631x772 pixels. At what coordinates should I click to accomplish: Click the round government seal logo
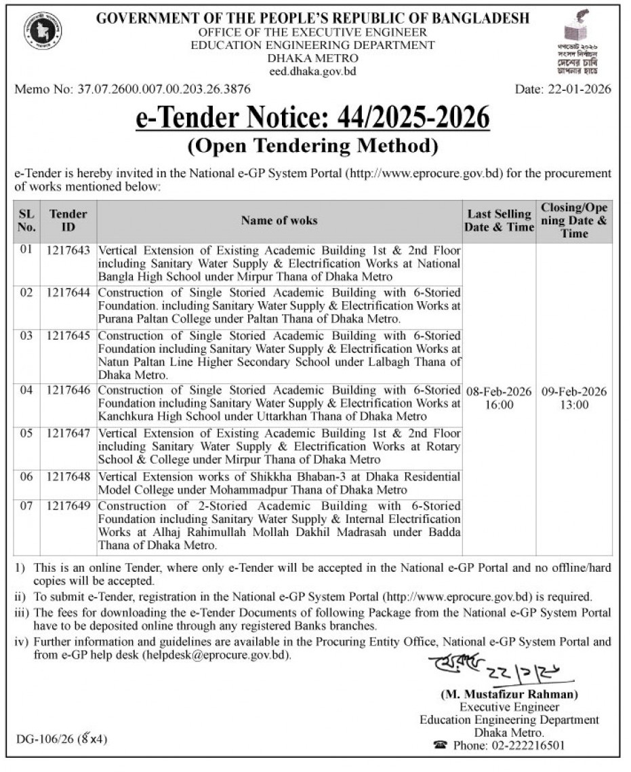43,31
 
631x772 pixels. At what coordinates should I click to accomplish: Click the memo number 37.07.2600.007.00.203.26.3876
133,89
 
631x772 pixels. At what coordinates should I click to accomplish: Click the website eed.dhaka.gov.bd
312,71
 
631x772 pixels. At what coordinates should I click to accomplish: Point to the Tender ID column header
68,220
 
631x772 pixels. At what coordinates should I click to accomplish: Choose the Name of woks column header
279,220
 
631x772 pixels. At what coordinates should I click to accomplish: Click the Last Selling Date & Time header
499,220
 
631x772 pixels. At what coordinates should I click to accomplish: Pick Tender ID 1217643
68,250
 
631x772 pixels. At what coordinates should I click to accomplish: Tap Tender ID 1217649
68,506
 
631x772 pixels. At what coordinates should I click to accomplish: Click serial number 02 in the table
26,293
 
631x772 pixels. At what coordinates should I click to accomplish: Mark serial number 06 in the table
26,477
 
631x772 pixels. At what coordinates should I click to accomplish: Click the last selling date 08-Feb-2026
499,392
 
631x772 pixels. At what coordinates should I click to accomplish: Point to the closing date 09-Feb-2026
574,392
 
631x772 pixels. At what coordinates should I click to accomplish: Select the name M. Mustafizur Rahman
509,695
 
